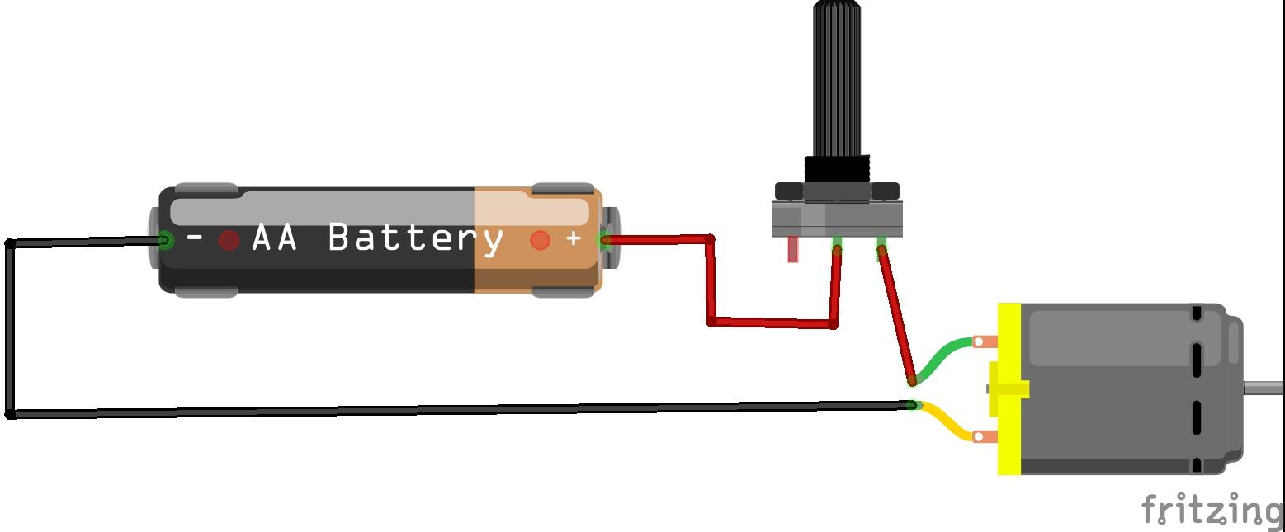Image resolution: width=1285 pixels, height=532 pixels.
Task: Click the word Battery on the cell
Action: tap(415, 238)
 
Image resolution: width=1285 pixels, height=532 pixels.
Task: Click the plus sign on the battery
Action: tap(574, 238)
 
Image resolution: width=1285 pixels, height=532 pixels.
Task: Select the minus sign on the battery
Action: tap(195, 238)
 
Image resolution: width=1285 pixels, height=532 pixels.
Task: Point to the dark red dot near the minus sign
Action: tap(229, 240)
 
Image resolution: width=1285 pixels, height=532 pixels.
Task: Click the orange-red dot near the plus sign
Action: tap(540, 240)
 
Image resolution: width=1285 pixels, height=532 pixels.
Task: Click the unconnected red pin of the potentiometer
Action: tap(793, 250)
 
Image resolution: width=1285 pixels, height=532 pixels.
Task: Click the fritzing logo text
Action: tap(1211, 511)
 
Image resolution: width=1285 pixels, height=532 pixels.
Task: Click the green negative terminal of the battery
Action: tap(165, 241)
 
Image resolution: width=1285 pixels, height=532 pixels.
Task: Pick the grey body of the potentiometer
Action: tap(837, 219)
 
